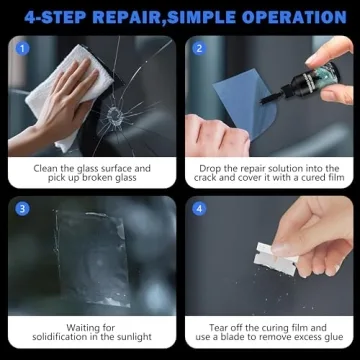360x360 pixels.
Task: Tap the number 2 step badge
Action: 198,47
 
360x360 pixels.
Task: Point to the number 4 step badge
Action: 198,209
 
